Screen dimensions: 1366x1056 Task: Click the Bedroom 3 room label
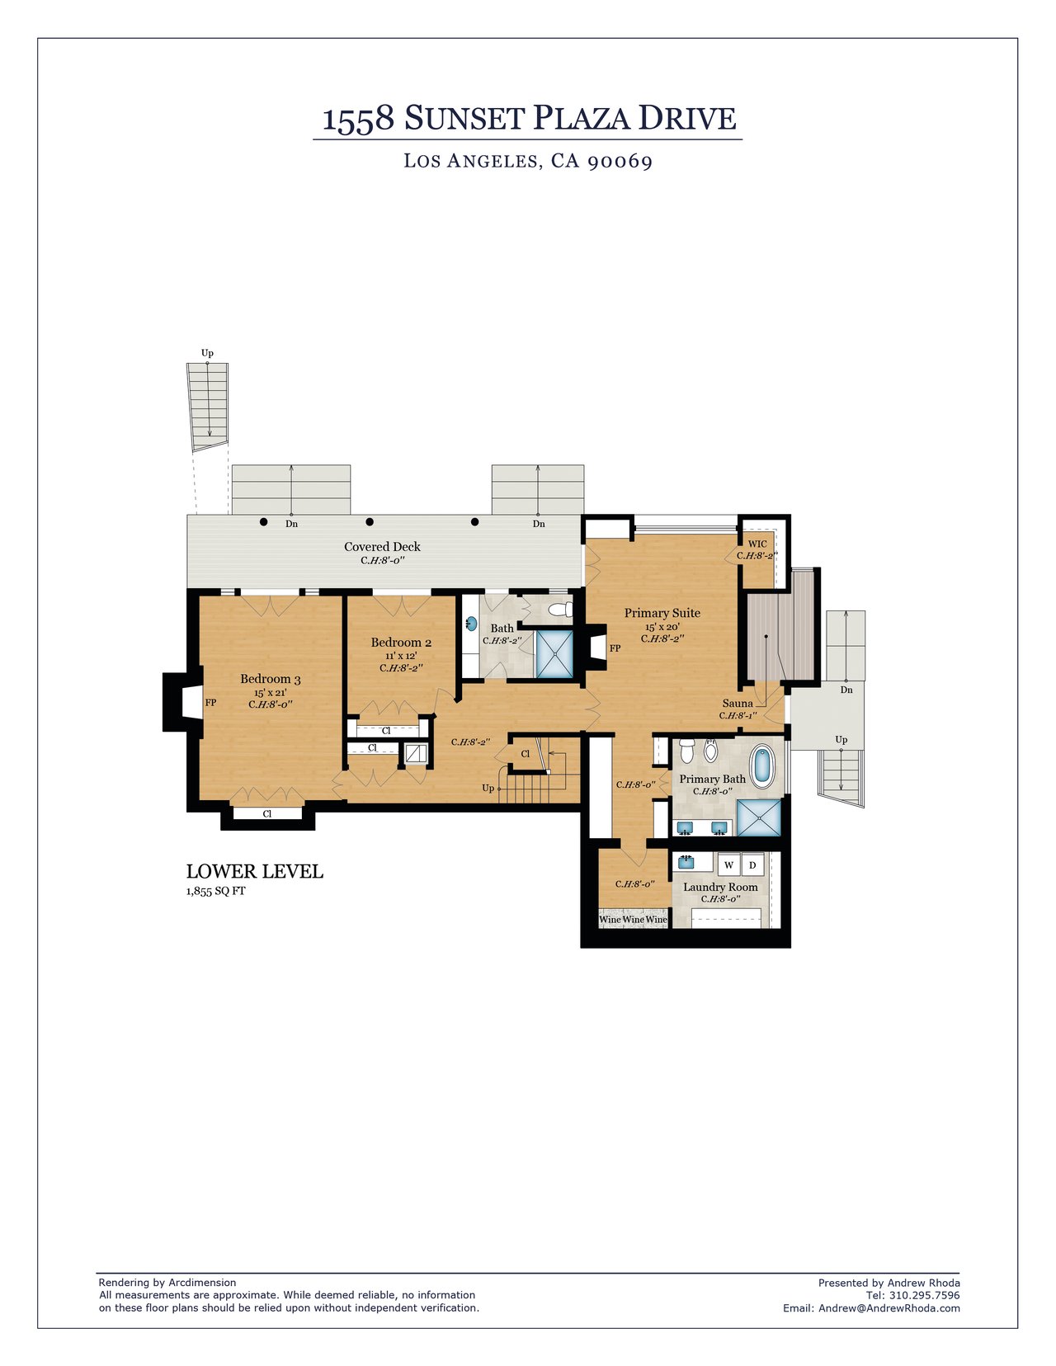[270, 679]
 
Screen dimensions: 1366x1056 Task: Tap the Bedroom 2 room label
[401, 643]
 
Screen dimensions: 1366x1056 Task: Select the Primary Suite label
[662, 613]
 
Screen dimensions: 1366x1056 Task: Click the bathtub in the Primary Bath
[764, 765]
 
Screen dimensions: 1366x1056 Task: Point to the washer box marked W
[728, 865]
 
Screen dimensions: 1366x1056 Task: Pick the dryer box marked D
[752, 865]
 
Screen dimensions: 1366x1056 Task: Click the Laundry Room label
[720, 888]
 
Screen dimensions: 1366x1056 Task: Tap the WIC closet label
[757, 544]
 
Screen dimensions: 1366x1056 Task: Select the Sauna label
[738, 704]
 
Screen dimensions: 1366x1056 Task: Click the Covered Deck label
[382, 547]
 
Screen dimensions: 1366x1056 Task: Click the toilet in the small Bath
[561, 610]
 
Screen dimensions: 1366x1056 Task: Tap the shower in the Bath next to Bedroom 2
[554, 655]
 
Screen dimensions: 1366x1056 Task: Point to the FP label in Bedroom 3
[210, 703]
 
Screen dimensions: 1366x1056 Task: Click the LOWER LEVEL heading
[254, 872]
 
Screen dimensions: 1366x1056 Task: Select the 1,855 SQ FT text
[215, 892]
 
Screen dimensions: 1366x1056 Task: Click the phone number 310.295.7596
[925, 1295]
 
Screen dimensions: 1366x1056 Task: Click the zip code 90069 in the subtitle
[620, 161]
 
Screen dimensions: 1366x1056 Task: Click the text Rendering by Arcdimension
[167, 1283]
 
